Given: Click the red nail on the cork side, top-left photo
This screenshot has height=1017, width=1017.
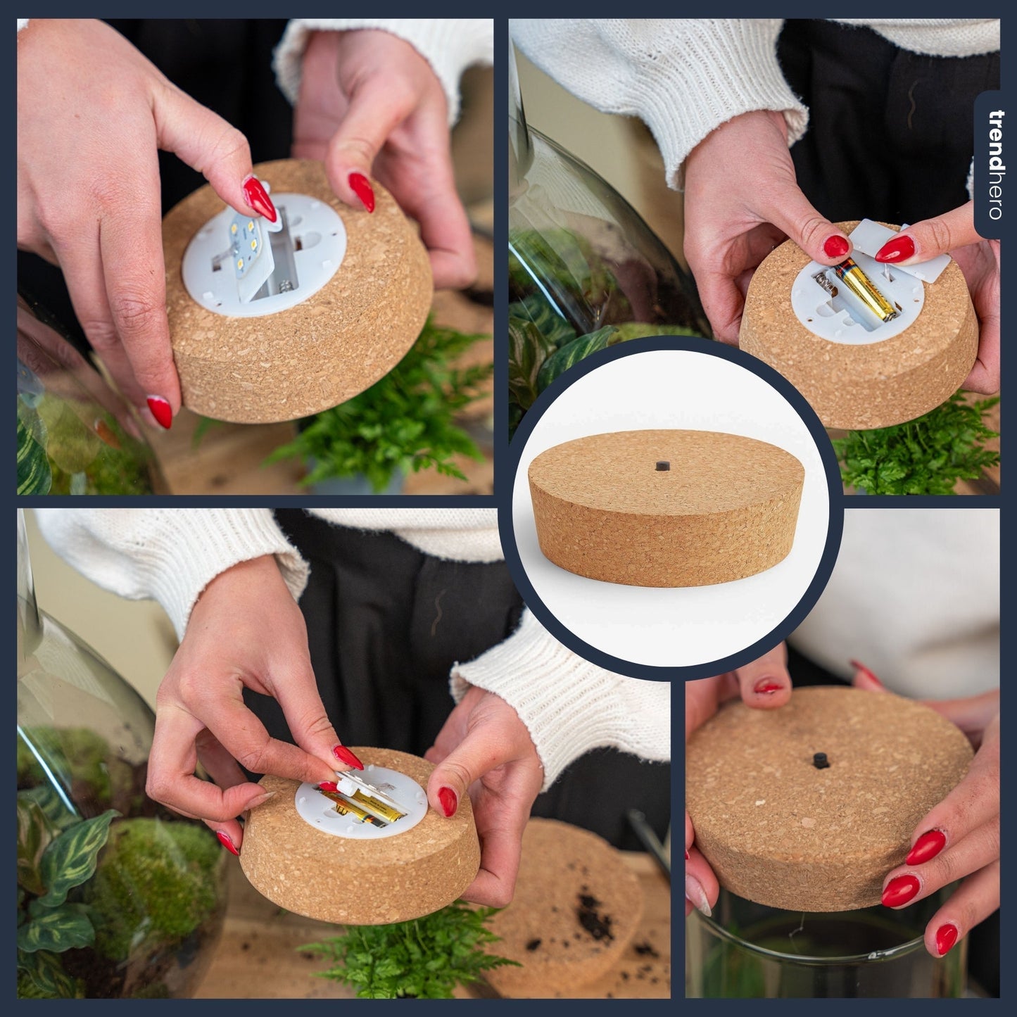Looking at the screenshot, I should point(160,411).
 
